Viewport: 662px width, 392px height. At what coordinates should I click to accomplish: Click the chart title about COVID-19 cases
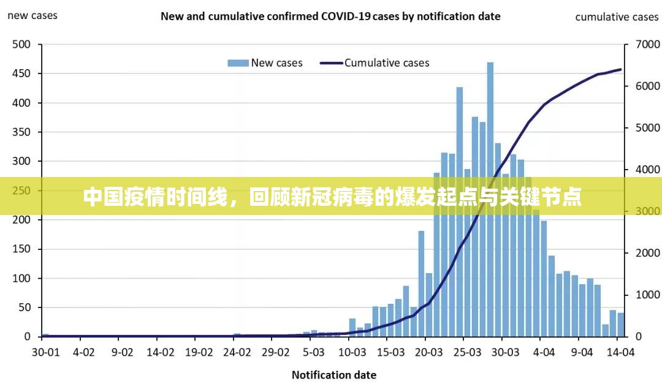click(330, 17)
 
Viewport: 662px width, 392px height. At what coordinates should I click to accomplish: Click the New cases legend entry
click(265, 62)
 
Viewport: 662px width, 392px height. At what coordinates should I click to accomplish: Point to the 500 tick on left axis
click(21, 44)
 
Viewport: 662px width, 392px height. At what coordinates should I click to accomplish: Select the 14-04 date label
click(620, 352)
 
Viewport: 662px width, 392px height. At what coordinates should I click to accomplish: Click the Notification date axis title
click(333, 375)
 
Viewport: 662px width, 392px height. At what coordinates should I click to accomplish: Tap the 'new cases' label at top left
click(32, 15)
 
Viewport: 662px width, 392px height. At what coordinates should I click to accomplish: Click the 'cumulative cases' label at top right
click(617, 17)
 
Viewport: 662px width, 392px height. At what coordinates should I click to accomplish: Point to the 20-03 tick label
click(428, 352)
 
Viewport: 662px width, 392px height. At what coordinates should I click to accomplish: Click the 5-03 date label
click(314, 352)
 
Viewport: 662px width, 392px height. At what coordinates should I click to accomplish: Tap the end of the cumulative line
click(620, 70)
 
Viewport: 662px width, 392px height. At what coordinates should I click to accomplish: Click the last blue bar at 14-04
click(621, 325)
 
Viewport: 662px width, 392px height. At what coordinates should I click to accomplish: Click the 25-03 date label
click(467, 352)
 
